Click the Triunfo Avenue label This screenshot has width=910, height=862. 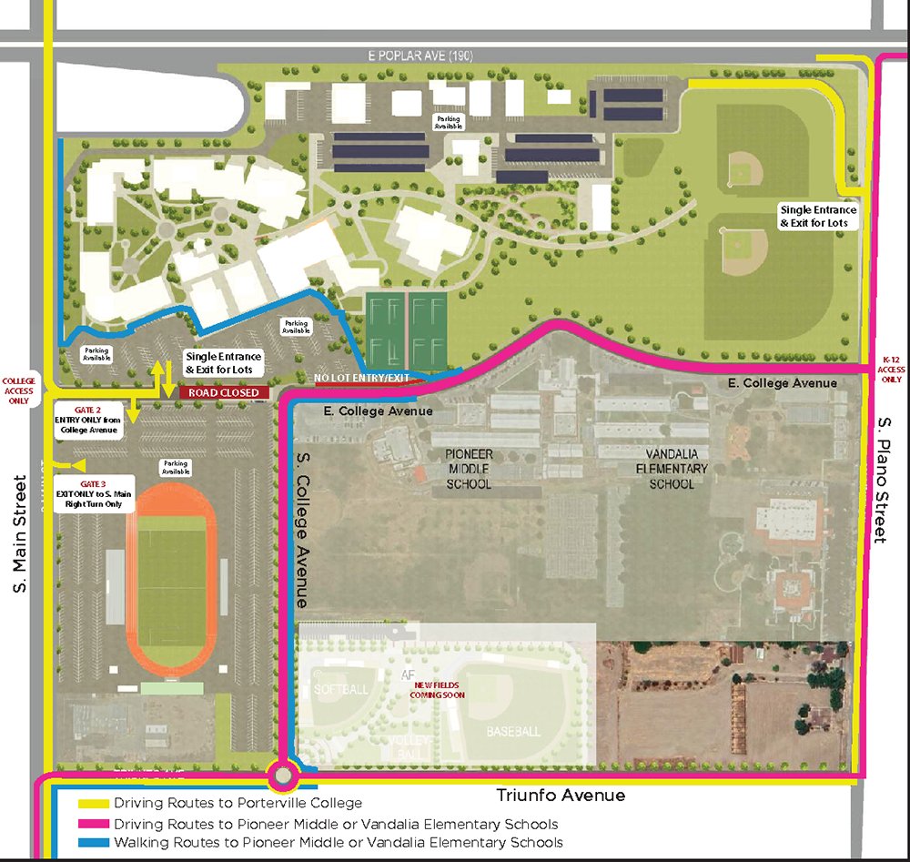tap(561, 796)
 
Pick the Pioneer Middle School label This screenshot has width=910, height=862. tap(469, 468)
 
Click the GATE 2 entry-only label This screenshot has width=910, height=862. tap(89, 419)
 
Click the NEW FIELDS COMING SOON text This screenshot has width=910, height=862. tap(440, 689)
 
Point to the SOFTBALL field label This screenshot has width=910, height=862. tap(341, 689)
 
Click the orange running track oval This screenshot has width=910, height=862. tap(134, 583)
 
